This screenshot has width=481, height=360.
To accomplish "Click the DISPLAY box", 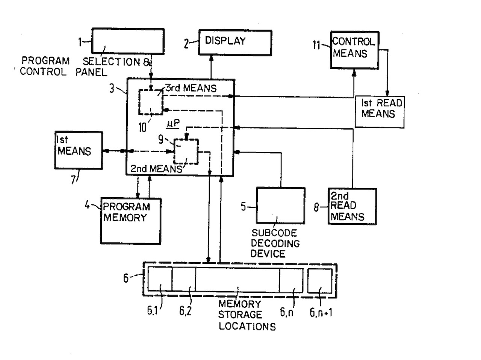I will [x=235, y=42].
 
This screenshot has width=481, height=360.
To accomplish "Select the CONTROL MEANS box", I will [x=354, y=50].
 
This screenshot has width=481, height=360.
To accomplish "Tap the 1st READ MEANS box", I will [x=380, y=112].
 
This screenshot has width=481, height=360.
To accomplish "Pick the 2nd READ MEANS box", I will [x=352, y=206].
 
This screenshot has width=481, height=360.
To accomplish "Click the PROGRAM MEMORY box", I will [x=130, y=221].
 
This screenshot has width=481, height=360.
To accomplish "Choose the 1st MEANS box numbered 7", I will [x=79, y=150].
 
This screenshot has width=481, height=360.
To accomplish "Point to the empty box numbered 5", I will [x=280, y=206].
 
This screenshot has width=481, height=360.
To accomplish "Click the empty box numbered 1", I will [x=128, y=41].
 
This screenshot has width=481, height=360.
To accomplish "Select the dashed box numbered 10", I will [x=151, y=102].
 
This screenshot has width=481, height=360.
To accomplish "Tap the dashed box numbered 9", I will [x=186, y=151].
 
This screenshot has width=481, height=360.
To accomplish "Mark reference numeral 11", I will [x=317, y=45].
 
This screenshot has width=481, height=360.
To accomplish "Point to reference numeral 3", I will [x=112, y=89].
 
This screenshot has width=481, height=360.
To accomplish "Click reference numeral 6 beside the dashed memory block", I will [x=126, y=278].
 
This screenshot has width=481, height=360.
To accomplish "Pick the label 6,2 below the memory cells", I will [x=185, y=311].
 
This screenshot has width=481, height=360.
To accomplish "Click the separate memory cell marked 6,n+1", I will [x=320, y=281].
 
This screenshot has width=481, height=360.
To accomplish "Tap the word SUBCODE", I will [x=274, y=233].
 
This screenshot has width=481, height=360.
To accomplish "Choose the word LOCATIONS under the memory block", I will [x=247, y=326].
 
